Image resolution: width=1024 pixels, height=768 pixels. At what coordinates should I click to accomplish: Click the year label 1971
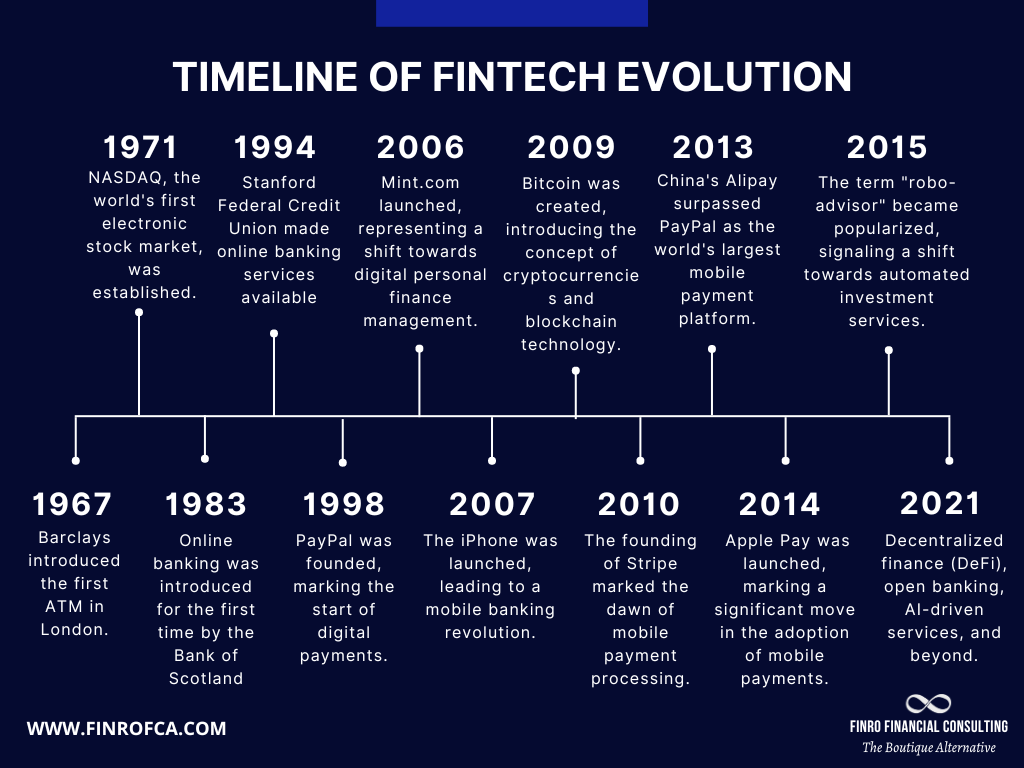click(140, 147)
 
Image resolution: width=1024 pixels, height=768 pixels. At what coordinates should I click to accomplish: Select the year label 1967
click(72, 503)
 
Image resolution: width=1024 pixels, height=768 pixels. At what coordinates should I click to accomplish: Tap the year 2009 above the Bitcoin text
click(571, 147)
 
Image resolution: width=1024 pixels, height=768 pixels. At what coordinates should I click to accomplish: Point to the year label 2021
click(940, 503)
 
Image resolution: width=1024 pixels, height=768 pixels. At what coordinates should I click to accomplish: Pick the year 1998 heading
click(343, 503)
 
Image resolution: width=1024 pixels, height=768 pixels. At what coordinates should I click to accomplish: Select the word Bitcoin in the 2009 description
click(551, 184)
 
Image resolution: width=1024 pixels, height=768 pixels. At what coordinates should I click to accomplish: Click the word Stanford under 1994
click(279, 182)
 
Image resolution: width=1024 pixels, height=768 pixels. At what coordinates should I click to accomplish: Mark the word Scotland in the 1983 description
click(206, 678)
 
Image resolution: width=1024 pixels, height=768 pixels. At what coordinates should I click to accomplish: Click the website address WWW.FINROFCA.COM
click(126, 728)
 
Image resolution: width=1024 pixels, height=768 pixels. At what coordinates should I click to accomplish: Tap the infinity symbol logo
click(928, 704)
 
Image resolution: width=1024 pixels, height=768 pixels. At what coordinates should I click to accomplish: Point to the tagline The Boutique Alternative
click(929, 748)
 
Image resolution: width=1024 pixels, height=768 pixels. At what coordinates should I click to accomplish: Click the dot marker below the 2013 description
click(712, 349)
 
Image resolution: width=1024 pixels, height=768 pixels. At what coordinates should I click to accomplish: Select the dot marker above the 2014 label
click(785, 460)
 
